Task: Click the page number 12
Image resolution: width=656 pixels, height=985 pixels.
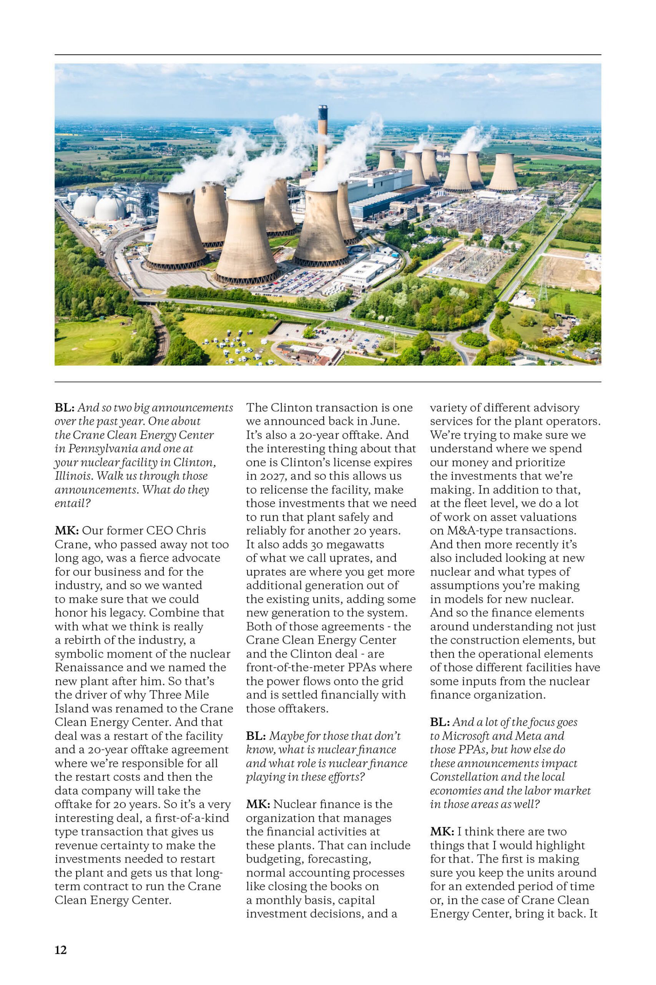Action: click(61, 950)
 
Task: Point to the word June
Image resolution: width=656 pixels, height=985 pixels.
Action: click(378, 421)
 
